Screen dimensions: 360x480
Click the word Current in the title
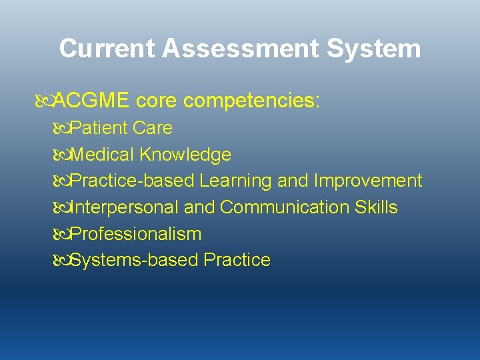(107, 49)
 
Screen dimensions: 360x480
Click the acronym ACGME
(91, 101)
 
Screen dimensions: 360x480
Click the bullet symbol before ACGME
(44, 101)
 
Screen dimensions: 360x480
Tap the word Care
(153, 128)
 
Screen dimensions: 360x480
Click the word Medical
(103, 155)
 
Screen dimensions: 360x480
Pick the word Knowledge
(185, 155)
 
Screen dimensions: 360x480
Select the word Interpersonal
(125, 207)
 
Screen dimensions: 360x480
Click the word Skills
(376, 207)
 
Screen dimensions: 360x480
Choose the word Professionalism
(136, 234)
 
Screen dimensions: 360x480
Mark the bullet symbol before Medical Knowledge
(61, 155)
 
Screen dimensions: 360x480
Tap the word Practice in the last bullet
(237, 260)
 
